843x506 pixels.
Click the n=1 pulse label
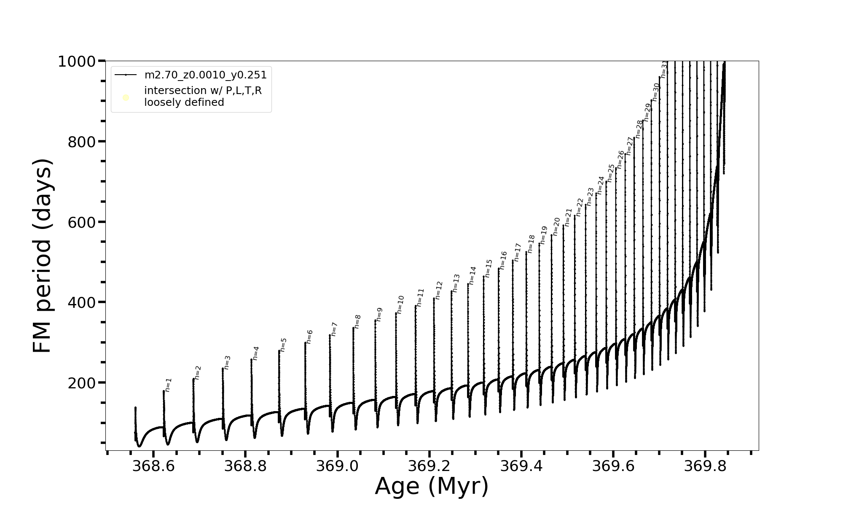168,385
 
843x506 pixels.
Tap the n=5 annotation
283,345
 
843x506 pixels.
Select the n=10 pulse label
400,304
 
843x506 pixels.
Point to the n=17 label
518,252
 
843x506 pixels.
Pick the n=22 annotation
580,207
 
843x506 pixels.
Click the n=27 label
630,145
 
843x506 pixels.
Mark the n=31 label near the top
664,69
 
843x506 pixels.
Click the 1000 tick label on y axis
77,62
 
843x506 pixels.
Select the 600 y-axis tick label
82,222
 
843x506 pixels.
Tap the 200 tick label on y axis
82,383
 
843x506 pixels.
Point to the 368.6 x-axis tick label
153,466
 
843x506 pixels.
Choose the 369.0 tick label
337,466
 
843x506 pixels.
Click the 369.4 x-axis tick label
521,466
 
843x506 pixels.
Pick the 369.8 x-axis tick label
705,466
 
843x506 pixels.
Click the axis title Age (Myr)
432,486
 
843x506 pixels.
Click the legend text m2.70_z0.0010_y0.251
205,75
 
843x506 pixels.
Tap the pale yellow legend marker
126,98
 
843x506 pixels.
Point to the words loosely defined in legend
184,102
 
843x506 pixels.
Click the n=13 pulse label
456,283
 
